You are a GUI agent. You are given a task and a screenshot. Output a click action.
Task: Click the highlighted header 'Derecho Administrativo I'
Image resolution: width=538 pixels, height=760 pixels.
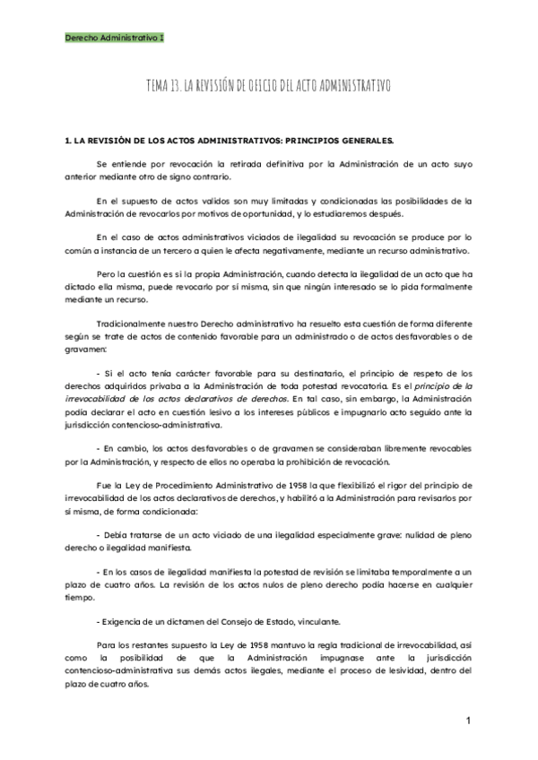click(114, 39)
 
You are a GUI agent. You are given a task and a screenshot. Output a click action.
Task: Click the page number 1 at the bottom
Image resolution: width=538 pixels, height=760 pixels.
click(469, 721)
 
